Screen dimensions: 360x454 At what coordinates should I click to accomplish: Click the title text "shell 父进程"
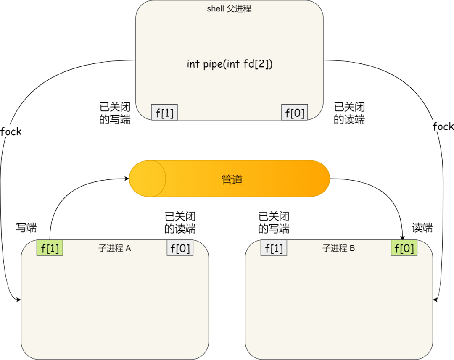(x=229, y=9)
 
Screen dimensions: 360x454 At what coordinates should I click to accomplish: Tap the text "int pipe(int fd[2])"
(x=230, y=64)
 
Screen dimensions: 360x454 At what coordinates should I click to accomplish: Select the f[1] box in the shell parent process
(x=164, y=113)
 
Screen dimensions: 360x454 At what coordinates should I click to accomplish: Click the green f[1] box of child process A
(x=50, y=248)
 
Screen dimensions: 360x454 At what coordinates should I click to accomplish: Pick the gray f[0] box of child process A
(x=180, y=248)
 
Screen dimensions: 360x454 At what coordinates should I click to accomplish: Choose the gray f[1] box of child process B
(x=274, y=248)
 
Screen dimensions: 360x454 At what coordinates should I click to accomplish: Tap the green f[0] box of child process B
(x=404, y=248)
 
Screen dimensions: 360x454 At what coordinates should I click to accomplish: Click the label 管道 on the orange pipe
(x=232, y=179)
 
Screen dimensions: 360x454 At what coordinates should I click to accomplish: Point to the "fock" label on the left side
(x=11, y=131)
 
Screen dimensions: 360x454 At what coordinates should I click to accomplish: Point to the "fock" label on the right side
(x=443, y=126)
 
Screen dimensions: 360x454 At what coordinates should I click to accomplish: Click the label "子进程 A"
(x=115, y=248)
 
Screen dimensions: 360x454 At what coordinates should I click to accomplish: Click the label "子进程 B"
(x=339, y=248)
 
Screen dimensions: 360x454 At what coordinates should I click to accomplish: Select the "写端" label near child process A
(x=26, y=228)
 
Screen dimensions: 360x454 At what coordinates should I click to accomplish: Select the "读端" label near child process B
(x=422, y=228)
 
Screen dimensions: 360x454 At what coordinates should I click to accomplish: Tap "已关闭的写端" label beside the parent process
(x=115, y=113)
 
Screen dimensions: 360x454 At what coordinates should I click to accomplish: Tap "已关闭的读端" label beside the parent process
(x=349, y=113)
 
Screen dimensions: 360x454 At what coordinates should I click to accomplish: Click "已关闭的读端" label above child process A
(x=180, y=223)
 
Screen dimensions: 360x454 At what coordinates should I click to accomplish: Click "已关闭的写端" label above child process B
(x=274, y=223)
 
